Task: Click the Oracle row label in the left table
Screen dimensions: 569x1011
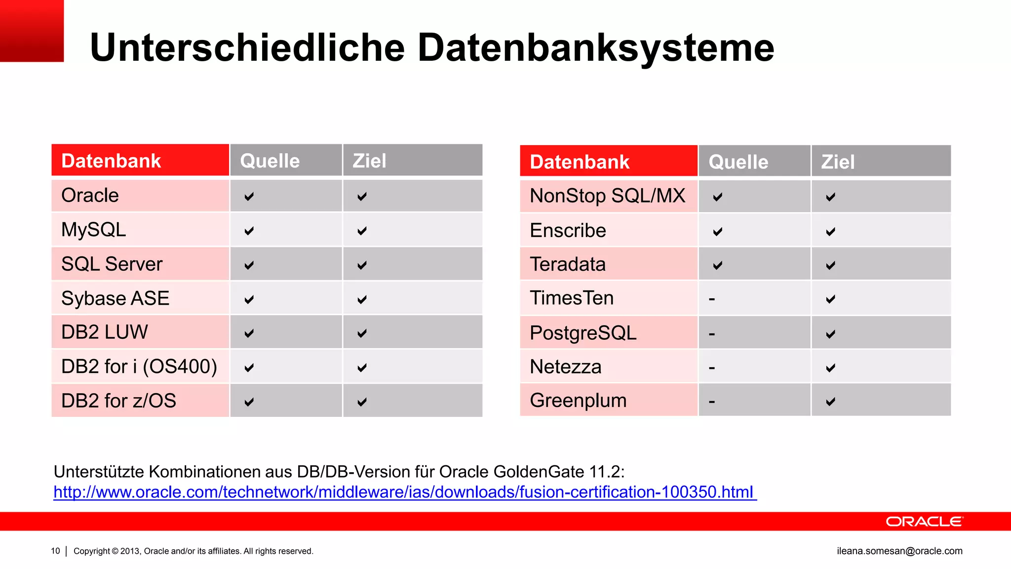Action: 90,196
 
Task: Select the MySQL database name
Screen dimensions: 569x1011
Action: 93,230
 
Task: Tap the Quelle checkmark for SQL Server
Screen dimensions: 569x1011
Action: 249,265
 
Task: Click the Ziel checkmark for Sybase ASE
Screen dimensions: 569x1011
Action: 362,299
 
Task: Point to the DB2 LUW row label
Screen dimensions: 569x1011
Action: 104,332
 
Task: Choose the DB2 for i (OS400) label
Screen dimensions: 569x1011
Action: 139,366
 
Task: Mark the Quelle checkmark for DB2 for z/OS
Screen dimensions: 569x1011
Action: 249,402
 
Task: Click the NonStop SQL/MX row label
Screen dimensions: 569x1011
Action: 607,196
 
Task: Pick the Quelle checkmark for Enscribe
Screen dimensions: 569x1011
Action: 718,231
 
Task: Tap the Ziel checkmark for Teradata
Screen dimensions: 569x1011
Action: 831,265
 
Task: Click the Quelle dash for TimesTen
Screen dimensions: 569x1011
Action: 712,299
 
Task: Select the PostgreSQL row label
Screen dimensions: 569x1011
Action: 583,333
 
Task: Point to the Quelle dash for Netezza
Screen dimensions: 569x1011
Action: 712,367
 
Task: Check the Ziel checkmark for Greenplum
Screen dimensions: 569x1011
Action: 831,402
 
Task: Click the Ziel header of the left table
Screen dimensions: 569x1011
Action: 369,161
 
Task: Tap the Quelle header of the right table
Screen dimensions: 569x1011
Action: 738,162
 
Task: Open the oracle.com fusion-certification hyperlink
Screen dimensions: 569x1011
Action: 404,492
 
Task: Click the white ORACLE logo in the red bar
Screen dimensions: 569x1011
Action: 924,522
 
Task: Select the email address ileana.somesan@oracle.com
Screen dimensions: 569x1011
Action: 899,551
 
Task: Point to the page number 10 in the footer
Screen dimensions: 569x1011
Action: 55,551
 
